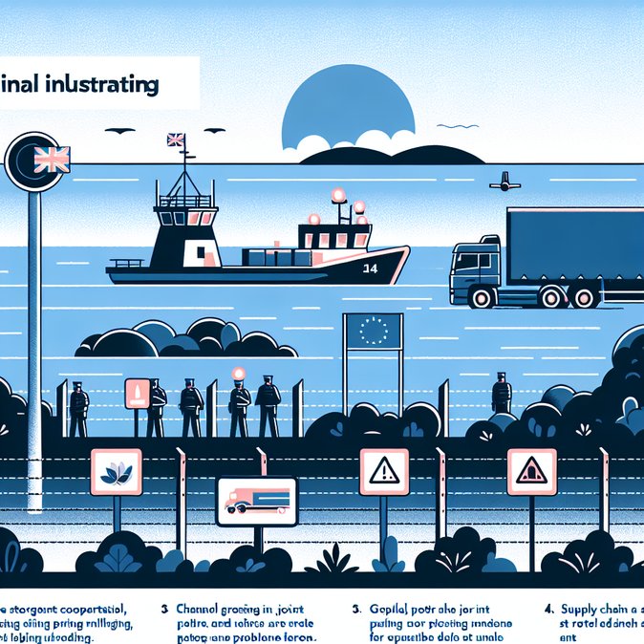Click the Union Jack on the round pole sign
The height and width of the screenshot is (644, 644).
52,160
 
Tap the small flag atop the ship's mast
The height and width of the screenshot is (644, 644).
175,140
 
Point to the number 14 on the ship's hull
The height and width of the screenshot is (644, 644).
370,268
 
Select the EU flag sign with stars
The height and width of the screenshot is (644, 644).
374,331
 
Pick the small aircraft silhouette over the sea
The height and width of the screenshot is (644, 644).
503,181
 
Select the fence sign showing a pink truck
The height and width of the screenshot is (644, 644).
256,501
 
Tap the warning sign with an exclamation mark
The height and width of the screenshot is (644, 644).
383,470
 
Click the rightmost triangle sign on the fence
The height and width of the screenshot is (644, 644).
530,470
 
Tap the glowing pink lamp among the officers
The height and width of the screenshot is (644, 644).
239,376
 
